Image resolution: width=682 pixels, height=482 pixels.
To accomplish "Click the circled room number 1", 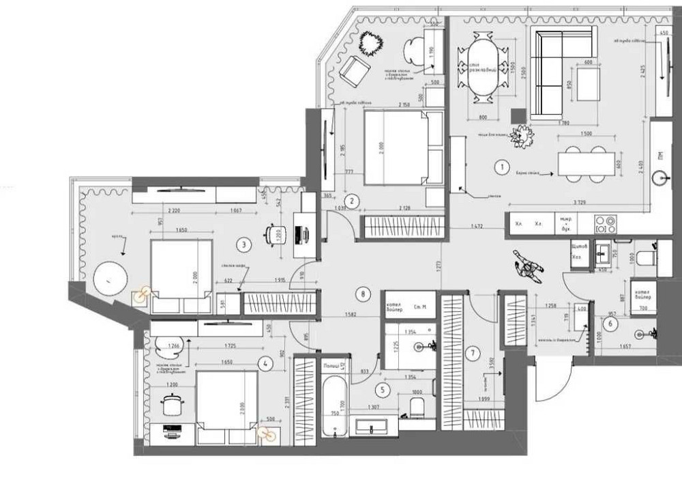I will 501,166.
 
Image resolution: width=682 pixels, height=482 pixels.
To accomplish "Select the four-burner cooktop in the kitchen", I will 605,223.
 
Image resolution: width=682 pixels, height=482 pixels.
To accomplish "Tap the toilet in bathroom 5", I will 415,408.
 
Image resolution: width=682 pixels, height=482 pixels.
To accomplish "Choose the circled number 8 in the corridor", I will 365,294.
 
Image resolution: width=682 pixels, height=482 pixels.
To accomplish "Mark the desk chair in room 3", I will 276,234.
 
